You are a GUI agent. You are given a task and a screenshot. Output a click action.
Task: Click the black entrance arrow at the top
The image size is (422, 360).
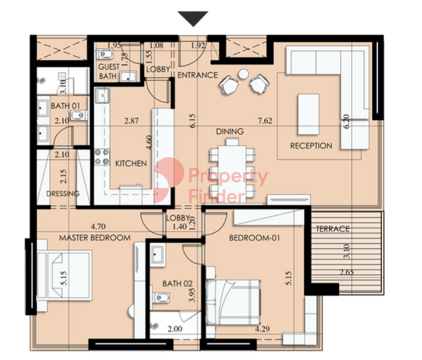click(x=193, y=18)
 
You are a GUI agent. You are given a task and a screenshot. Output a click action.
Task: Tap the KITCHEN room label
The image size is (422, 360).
click(x=131, y=164)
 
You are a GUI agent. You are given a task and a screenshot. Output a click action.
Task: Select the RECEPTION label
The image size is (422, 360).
click(x=311, y=146)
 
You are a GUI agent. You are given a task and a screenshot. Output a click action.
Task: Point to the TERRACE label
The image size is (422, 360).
click(x=333, y=229)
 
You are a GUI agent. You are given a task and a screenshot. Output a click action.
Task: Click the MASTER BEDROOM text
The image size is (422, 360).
click(x=95, y=238)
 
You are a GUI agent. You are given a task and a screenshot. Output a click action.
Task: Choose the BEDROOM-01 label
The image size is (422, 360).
click(x=255, y=238)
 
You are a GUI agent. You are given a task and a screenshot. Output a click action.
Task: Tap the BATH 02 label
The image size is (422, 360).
click(x=178, y=284)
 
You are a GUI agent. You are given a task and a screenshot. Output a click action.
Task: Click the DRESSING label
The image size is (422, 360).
click(x=63, y=193)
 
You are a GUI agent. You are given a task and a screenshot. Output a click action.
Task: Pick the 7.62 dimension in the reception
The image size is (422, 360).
click(x=265, y=121)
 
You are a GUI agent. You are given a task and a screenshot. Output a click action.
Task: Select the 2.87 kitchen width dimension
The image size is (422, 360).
click(x=132, y=121)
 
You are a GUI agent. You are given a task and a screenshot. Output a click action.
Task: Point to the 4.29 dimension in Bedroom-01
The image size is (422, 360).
click(x=263, y=329)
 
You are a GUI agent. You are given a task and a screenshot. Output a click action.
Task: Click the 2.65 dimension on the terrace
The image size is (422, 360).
click(x=346, y=273)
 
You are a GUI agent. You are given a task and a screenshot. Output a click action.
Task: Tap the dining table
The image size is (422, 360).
click(x=232, y=171)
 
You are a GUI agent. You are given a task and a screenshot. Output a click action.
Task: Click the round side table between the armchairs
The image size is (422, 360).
click(x=243, y=74)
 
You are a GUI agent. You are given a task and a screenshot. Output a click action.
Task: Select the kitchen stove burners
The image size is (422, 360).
click(x=102, y=157)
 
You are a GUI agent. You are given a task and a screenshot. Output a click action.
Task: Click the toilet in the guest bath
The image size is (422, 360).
click(x=105, y=55)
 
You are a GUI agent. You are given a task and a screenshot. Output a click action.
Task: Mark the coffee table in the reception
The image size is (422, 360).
click(x=308, y=114)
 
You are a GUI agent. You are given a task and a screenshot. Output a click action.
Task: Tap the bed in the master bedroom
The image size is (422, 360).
click(x=64, y=276)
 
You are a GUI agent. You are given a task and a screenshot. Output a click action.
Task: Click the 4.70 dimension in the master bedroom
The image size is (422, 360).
click(x=98, y=227)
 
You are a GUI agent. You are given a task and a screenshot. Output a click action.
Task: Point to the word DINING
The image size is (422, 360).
click(x=230, y=132)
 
